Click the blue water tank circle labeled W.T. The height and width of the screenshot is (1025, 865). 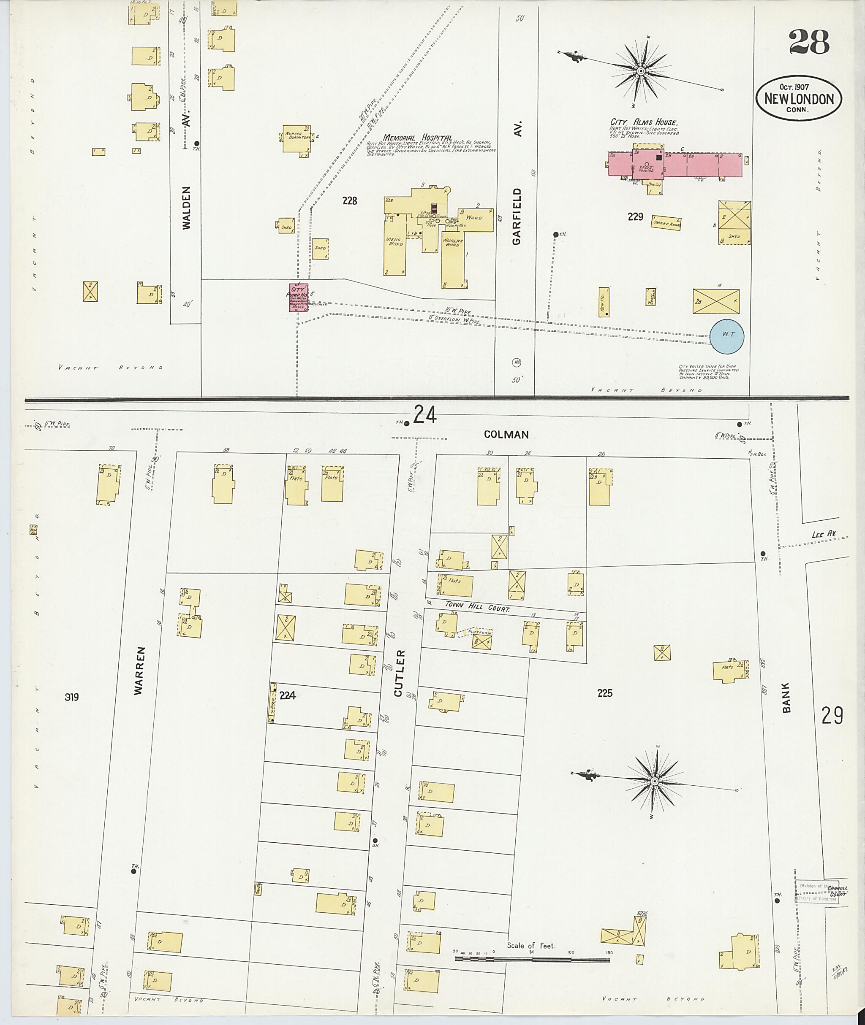click(x=728, y=336)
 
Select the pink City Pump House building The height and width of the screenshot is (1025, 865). click(x=298, y=297)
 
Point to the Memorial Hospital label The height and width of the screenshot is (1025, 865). click(x=417, y=138)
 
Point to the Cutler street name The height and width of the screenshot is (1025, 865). click(x=399, y=673)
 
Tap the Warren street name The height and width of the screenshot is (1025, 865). click(x=139, y=670)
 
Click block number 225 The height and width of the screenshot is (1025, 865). click(x=605, y=693)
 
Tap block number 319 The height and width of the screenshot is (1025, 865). click(x=72, y=697)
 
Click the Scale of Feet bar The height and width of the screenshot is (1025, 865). click(x=532, y=957)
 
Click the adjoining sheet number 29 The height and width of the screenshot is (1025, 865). click(x=832, y=715)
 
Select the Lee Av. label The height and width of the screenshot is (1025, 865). click(x=823, y=534)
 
